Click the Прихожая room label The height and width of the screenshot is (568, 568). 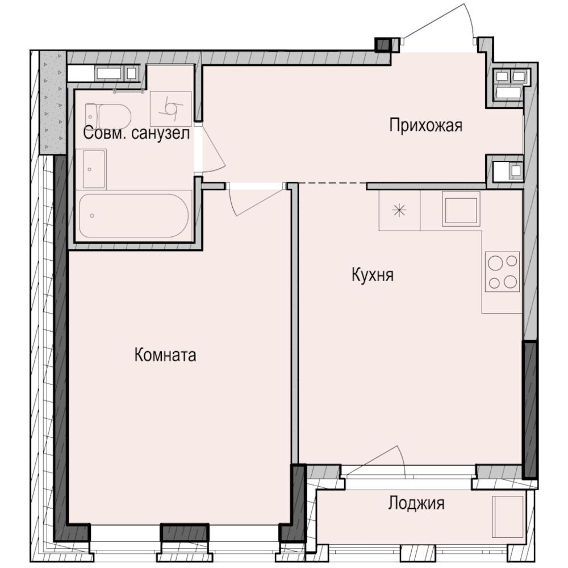coord(425,125)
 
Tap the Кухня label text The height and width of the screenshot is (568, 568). coord(373,275)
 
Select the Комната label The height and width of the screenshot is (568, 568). coord(165,355)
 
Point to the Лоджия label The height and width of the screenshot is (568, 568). coord(416,503)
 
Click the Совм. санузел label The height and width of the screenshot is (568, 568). coord(136,134)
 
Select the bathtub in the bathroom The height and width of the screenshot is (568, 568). coord(133,216)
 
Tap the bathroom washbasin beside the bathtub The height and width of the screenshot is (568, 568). coord(94,169)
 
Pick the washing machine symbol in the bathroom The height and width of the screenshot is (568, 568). coord(170,107)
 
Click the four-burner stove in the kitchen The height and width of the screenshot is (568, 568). coord(503,272)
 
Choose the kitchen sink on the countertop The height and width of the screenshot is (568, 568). coord(461,208)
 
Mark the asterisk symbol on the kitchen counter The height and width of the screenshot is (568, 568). coord(399,211)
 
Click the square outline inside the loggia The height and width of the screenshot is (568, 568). coord(507,515)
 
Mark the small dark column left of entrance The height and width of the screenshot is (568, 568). coord(383,44)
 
